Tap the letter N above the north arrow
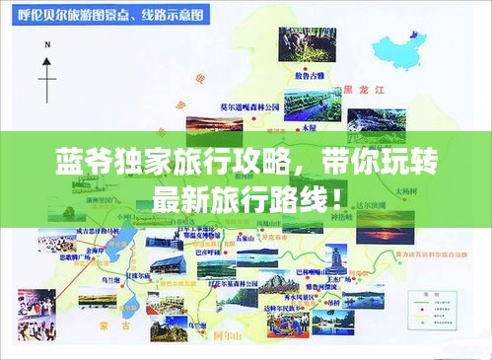click(x=45, y=60)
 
